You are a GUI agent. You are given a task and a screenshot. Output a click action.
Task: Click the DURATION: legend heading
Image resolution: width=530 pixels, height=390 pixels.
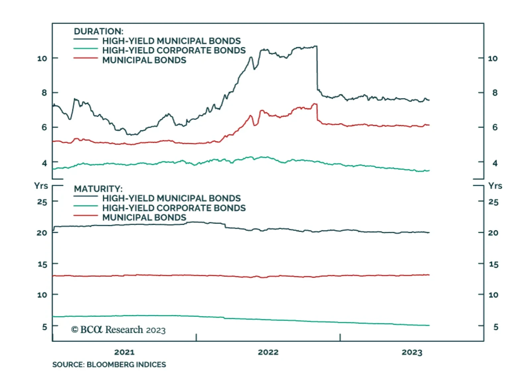pos(98,31)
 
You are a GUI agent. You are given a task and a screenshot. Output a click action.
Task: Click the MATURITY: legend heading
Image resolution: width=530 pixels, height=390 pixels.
pos(98,189)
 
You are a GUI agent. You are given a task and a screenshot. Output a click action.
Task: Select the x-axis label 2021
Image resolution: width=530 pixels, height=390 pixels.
pos(124,352)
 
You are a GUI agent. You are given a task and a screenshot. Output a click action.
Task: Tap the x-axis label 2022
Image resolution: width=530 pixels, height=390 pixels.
pos(268,352)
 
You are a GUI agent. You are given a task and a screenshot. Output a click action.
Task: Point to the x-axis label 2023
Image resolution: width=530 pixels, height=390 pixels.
pos(412,352)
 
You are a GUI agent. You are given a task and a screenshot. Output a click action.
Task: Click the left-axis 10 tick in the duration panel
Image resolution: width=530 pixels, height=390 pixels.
pos(42,59)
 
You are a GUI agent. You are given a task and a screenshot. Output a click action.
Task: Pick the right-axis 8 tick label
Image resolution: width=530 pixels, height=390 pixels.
pos(495,93)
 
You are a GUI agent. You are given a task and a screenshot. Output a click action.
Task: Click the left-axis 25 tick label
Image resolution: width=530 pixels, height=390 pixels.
pos(42,202)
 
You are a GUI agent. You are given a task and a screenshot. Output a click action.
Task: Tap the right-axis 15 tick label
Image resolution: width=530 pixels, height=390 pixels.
pos(494,264)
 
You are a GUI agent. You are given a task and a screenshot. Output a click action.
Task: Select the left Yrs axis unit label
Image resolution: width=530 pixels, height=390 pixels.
pos(41,186)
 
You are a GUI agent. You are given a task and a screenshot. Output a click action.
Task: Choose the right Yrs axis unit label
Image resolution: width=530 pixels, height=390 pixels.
pos(495,186)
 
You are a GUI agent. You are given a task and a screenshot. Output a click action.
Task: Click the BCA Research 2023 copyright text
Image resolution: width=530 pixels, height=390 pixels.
pos(118,330)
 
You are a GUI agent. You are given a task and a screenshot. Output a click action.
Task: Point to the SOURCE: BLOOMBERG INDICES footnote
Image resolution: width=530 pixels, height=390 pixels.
pos(109,364)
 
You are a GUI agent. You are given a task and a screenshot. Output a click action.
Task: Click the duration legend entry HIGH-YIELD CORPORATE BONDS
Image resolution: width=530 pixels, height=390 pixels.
pos(174,50)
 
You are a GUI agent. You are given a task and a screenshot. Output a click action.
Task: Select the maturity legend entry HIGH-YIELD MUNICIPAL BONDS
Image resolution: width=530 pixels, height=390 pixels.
pos(171,198)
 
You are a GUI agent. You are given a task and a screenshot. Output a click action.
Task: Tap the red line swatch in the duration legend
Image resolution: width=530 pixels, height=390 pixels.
pos(85,58)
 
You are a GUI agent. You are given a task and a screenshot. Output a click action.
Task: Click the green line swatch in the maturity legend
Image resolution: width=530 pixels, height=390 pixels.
pos(85,206)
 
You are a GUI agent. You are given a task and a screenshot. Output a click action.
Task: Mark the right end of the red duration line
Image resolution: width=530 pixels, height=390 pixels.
pos(429,125)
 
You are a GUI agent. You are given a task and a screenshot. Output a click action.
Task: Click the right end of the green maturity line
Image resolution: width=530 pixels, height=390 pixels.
pos(429,325)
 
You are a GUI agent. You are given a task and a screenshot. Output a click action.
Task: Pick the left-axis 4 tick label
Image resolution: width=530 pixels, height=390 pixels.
pos(44,163)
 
